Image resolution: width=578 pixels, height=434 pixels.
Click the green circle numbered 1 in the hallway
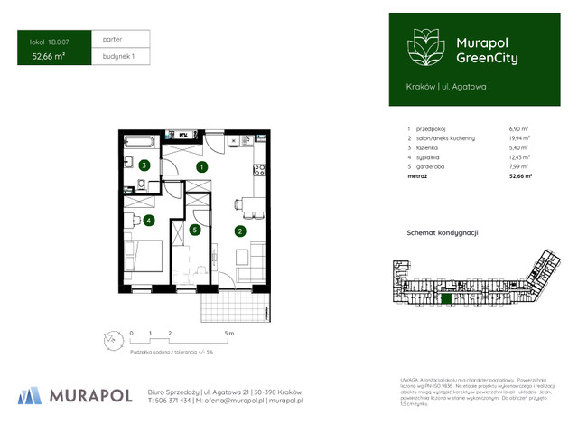click(x=203, y=166)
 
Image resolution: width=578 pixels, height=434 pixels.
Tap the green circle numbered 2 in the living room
click(x=240, y=231)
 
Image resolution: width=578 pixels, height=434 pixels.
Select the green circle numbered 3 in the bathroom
click(x=144, y=165)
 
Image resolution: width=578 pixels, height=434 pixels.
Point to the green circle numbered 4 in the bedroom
click(x=148, y=220)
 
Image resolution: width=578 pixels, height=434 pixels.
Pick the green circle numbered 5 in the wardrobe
click(x=194, y=231)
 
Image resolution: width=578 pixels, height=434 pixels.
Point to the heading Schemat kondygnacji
click(x=443, y=232)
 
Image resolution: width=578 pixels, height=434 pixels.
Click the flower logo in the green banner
click(x=424, y=47)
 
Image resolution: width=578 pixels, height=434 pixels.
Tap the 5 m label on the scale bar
click(x=230, y=334)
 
